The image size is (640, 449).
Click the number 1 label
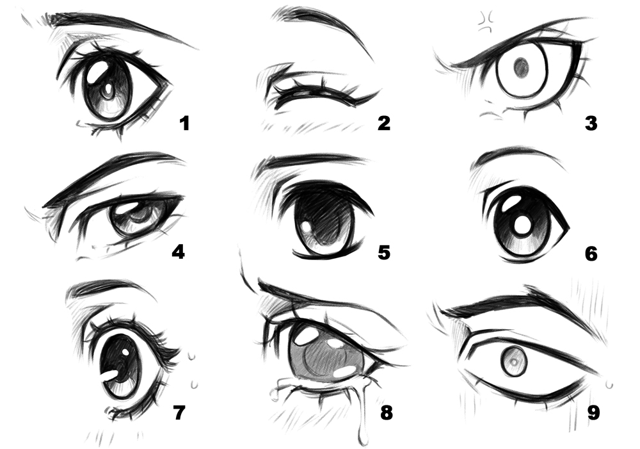185,122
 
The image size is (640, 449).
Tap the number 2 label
383,122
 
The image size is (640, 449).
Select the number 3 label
591,122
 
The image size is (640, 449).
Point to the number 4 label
177,252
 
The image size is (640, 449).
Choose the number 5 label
383,252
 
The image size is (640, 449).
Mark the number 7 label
179,412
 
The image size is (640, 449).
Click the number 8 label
386,412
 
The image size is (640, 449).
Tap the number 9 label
593,412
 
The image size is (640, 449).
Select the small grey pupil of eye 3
522,65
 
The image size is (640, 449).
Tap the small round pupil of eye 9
513,363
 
